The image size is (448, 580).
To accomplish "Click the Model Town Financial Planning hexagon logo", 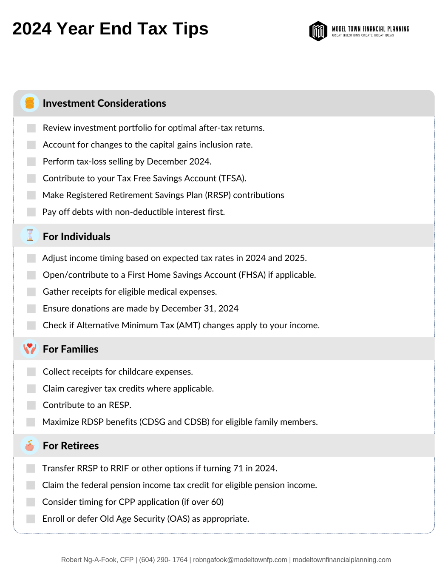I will point(318,31).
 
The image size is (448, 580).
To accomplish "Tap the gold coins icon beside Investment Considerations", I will point(30,103).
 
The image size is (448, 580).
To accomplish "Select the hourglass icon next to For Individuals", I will point(30,236).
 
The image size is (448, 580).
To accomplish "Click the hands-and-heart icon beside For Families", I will point(30,349).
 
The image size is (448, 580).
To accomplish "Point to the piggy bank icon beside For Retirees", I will point(30,446).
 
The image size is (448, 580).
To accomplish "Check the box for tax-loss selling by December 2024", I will point(31,162).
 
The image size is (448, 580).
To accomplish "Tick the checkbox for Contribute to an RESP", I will point(31,405).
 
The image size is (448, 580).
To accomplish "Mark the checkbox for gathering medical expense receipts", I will point(31,292).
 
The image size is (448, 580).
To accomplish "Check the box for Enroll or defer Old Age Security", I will point(31,519).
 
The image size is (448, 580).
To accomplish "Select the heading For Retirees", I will point(71,446).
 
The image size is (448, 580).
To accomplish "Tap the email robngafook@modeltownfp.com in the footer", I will point(240,560).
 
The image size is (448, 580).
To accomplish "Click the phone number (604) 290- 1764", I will point(163,560).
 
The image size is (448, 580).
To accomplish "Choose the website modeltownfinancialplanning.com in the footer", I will point(342,560).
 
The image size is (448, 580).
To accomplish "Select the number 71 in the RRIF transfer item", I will point(238,468).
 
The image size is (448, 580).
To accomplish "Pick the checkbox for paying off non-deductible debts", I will point(31,212).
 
